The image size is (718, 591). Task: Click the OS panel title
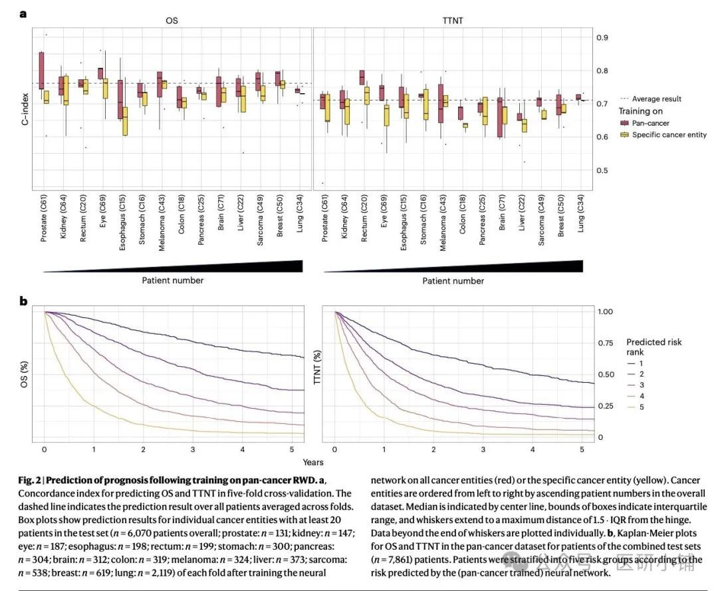pos(172,21)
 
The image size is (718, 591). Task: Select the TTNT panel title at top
pos(452,21)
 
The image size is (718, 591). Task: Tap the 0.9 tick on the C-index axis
pos(602,37)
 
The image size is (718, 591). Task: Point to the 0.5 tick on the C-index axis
pos(602,170)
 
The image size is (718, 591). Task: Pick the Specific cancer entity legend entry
pos(668,134)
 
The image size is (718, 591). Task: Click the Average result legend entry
pos(655,99)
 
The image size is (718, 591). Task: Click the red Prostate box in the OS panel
pos(41,70)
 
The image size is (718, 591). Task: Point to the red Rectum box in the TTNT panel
pos(362,77)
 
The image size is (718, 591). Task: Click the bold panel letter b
pos(23,301)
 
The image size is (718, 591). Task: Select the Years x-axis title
pos(313,462)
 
